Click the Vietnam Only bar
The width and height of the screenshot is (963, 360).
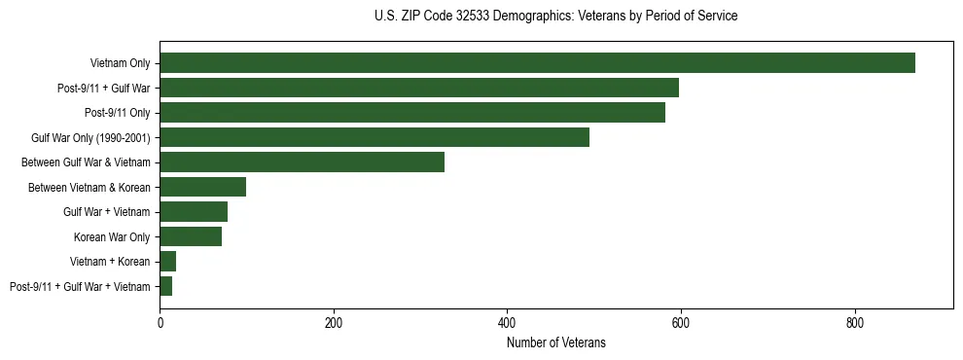(x=537, y=63)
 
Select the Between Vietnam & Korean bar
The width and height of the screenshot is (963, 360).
(x=202, y=187)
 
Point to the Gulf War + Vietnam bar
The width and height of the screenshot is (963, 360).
(x=194, y=211)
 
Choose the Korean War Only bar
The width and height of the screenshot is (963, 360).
(x=191, y=236)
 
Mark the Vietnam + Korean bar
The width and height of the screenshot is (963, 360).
(x=167, y=261)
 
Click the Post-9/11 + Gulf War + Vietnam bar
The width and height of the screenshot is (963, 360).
(x=165, y=286)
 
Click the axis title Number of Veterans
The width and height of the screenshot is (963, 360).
(x=555, y=342)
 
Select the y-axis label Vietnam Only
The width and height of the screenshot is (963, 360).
(x=120, y=63)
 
